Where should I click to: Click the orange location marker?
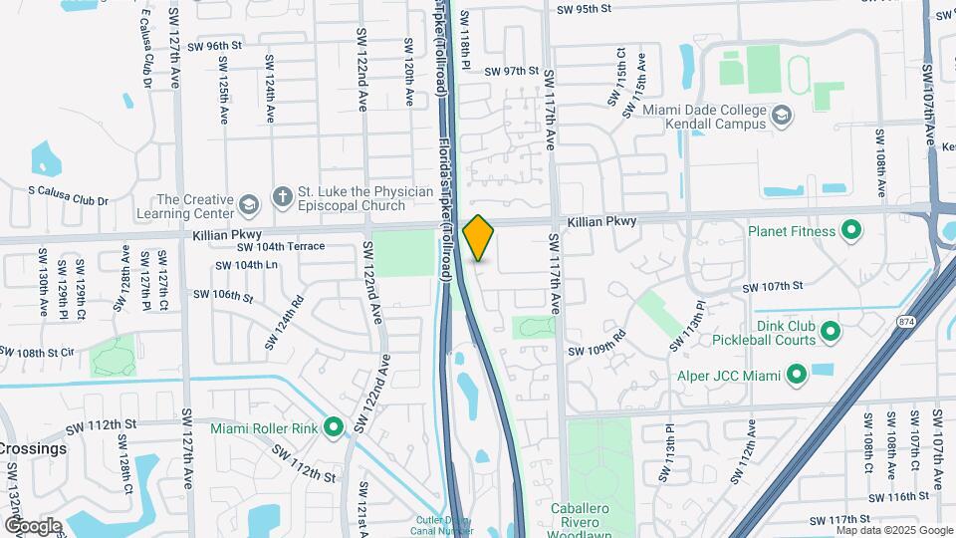[478, 237]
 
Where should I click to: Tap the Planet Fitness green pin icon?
[850, 232]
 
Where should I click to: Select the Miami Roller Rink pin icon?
[334, 427]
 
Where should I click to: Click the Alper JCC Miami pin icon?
[796, 376]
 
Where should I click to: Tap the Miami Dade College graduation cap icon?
[782, 117]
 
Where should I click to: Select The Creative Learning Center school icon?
[248, 205]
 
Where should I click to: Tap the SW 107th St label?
[772, 287]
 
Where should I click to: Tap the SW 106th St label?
[224, 295]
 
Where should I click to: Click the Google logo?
[33, 525]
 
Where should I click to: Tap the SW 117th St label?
[840, 520]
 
